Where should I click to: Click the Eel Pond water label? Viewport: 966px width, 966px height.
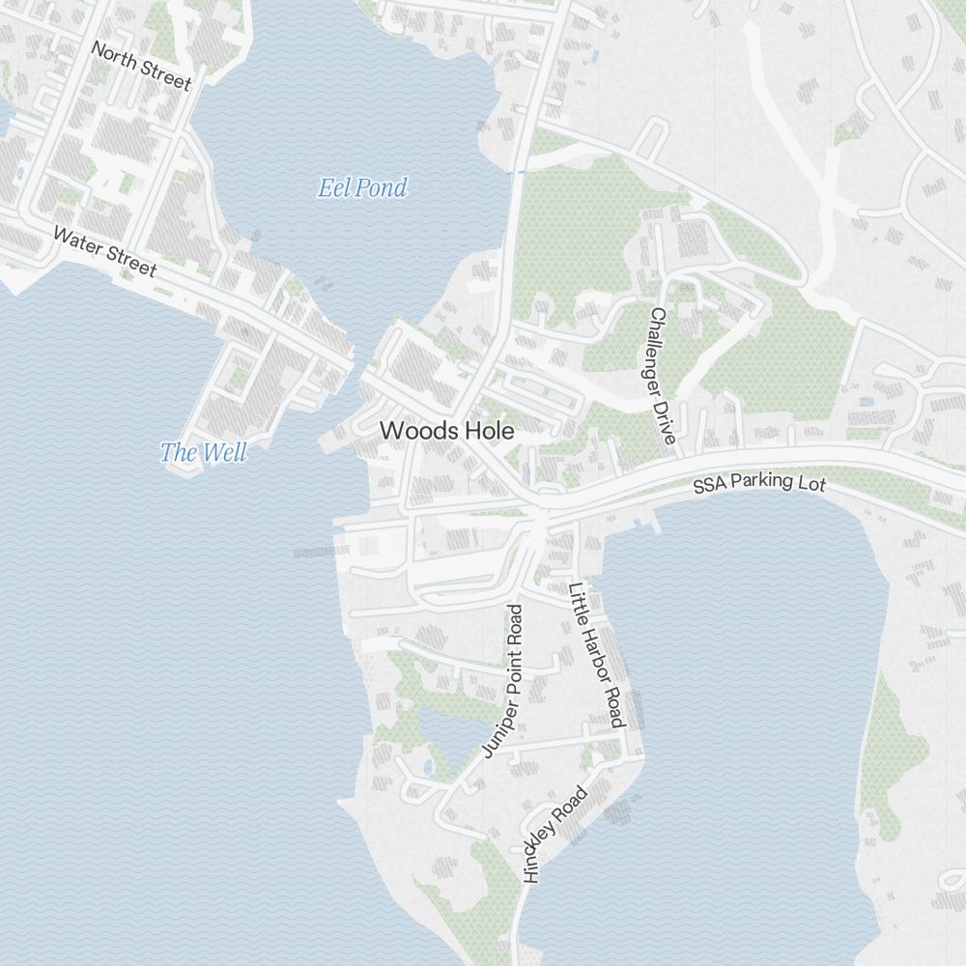coord(362,187)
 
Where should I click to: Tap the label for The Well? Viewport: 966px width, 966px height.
coord(203,452)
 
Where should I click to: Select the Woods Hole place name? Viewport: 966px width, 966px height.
coord(447,431)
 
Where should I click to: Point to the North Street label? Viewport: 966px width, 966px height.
coord(141,66)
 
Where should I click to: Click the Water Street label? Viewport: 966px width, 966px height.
coord(104,251)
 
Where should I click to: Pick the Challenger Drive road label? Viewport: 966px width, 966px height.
coord(661,376)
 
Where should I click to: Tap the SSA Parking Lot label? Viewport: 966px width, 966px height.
coord(759,482)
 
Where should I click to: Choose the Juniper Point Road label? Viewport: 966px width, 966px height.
coord(504,681)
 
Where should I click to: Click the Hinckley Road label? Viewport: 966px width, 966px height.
coord(554,835)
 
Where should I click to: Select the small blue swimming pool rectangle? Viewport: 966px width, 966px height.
coord(866,401)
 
